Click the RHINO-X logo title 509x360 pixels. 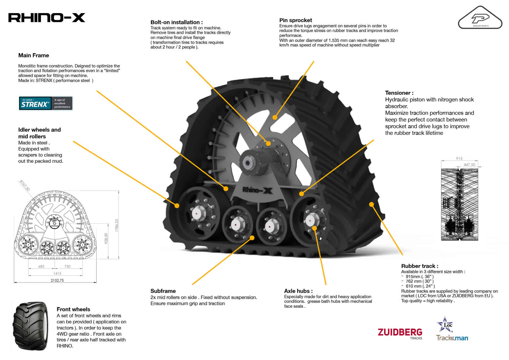pyautogui.click(x=46, y=18)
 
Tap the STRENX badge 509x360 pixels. pyautogui.click(x=46, y=103)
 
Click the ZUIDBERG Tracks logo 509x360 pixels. pyautogui.click(x=400, y=334)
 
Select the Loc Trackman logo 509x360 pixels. pyautogui.click(x=452, y=328)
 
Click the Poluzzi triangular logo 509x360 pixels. pyautogui.click(x=480, y=18)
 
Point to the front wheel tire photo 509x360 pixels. pyautogui.click(x=31, y=326)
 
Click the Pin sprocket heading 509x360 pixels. pyautogui.click(x=296, y=20)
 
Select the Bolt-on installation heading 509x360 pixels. pyautogui.click(x=177, y=22)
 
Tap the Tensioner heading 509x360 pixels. pyautogui.click(x=399, y=93)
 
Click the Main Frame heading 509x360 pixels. pyautogui.click(x=34, y=55)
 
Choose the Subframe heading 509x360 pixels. pyautogui.click(x=163, y=291)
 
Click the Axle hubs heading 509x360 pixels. pyautogui.click(x=298, y=291)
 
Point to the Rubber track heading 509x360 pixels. pyautogui.click(x=420, y=266)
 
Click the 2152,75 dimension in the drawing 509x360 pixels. pyautogui.click(x=57, y=280)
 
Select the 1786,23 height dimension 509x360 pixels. pyautogui.click(x=116, y=225)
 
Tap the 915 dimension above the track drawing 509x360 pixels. pyautogui.click(x=459, y=158)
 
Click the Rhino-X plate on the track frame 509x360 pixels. pyautogui.click(x=257, y=190)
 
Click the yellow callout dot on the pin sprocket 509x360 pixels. pyautogui.click(x=275, y=117)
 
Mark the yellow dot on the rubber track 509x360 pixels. pyautogui.click(x=371, y=204)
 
